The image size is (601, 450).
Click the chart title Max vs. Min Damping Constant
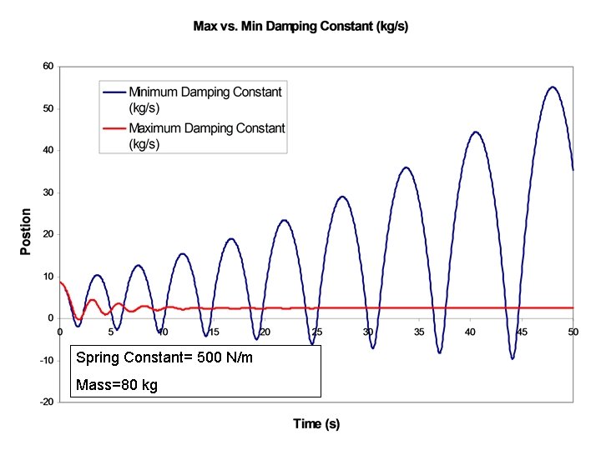click(x=300, y=27)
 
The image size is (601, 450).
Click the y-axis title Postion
click(x=26, y=232)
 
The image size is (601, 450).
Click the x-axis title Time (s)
click(x=316, y=424)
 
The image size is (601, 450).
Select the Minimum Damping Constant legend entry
click(x=205, y=99)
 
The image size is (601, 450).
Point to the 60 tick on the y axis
click(x=48, y=66)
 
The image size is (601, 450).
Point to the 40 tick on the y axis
click(x=48, y=150)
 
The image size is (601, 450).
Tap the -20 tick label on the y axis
click(x=47, y=402)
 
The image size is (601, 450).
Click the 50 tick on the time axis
click(x=573, y=332)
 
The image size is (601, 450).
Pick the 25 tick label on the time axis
click(x=316, y=332)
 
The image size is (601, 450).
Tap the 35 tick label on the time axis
click(x=419, y=332)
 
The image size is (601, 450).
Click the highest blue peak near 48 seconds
click(x=552, y=87)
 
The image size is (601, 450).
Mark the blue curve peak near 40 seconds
click(x=476, y=132)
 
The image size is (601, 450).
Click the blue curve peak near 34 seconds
click(x=407, y=167)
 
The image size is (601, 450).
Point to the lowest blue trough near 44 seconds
click(x=512, y=358)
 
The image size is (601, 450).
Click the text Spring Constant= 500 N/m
click(x=164, y=358)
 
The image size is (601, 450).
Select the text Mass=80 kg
click(x=116, y=385)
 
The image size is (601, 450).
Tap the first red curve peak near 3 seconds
click(x=92, y=300)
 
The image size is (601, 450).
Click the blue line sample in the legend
click(x=114, y=92)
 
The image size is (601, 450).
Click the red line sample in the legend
click(x=114, y=128)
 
